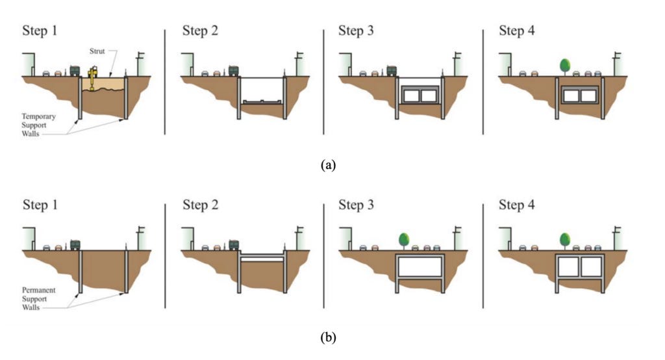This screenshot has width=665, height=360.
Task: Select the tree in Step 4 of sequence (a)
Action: pyautogui.click(x=564, y=66)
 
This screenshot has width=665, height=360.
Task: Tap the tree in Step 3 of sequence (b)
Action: pyautogui.click(x=405, y=239)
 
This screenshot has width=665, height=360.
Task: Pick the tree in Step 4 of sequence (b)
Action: pyautogui.click(x=564, y=239)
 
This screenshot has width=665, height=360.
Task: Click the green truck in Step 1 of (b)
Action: pyautogui.click(x=75, y=244)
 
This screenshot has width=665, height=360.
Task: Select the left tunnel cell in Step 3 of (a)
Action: pyautogui.click(x=410, y=96)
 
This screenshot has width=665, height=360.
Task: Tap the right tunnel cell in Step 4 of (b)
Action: pyautogui.click(x=592, y=266)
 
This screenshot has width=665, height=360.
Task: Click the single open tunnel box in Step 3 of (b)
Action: pyautogui.click(x=420, y=266)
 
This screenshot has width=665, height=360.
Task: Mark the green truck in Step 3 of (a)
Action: pyautogui.click(x=392, y=71)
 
